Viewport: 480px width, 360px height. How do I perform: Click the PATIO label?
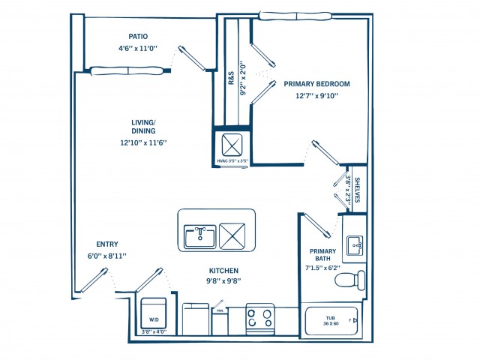tap(137, 36)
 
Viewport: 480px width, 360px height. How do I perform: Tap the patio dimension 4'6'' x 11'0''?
tap(137, 48)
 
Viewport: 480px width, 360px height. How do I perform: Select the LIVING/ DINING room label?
tap(142, 126)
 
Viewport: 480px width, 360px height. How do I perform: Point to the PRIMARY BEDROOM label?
tap(316, 84)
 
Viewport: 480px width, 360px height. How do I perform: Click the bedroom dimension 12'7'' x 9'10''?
tap(316, 95)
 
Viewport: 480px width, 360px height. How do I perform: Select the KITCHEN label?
tap(223, 271)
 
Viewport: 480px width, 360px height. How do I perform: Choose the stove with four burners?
tap(260, 317)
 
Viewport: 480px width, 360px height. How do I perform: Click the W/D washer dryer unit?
tap(154, 311)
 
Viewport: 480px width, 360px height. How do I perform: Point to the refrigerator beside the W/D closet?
tap(196, 319)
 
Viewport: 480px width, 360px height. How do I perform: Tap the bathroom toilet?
tap(349, 280)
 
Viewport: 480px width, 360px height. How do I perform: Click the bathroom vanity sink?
tap(355, 244)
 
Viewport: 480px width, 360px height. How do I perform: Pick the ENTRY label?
tap(106, 244)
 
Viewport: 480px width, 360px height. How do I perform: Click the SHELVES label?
tap(357, 190)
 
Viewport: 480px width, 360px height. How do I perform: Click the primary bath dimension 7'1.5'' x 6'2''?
tap(322, 267)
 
